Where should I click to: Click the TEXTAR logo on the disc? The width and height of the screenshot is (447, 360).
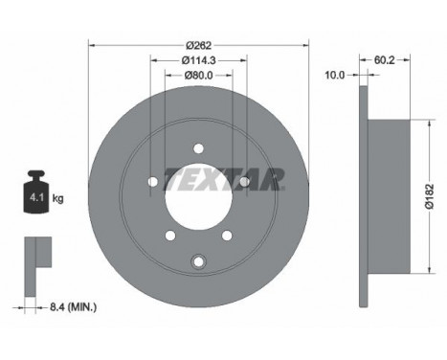(x=224, y=178)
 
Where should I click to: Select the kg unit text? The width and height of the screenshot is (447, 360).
(x=58, y=199)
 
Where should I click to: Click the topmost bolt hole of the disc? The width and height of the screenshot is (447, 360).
(x=199, y=147)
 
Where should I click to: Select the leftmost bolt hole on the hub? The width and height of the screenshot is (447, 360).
(x=153, y=182)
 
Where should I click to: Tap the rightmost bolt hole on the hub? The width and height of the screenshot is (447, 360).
(x=244, y=181)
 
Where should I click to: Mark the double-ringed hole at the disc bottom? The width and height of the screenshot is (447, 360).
(x=198, y=260)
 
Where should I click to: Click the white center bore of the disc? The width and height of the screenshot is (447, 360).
(x=199, y=196)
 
